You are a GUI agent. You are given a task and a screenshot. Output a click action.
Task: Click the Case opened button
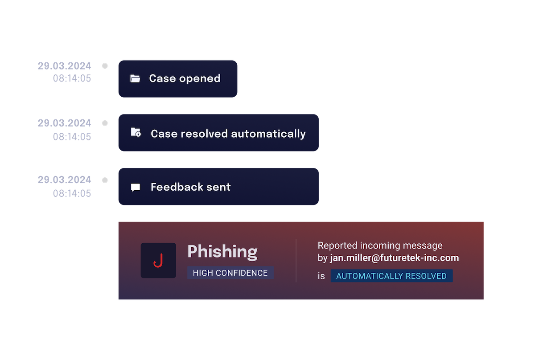[x=178, y=79]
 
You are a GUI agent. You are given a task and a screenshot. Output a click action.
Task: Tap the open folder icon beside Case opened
[x=135, y=78]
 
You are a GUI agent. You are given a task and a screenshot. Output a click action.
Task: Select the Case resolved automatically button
[x=218, y=133]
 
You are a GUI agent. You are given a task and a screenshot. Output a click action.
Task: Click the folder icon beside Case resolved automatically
[x=136, y=132]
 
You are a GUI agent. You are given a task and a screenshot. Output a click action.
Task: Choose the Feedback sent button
[x=218, y=186]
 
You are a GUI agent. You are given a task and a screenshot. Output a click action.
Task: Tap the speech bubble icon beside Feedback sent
[x=136, y=188]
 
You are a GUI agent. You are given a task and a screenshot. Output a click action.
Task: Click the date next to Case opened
[x=65, y=66]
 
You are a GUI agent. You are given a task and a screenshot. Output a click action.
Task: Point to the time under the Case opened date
[x=72, y=78]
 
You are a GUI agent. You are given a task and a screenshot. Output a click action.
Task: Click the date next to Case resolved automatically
[x=65, y=123]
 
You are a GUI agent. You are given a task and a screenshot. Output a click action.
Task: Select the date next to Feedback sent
[x=65, y=180]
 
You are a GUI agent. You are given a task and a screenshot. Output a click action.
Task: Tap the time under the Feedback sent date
[x=72, y=193]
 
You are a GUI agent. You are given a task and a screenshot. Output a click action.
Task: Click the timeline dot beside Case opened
[x=105, y=66]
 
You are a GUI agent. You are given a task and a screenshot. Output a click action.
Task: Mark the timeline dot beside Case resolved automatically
[x=105, y=123]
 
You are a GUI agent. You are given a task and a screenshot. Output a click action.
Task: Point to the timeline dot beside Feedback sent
[x=105, y=180]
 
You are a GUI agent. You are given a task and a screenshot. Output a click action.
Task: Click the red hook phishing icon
[x=158, y=261]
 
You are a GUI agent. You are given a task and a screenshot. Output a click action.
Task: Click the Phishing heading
[x=222, y=252]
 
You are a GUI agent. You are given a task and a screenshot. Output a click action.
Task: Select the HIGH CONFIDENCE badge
[x=230, y=273]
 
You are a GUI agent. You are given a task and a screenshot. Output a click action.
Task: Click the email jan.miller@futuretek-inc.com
[x=394, y=258]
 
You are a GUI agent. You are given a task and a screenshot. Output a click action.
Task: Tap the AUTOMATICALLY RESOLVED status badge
[x=391, y=276]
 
